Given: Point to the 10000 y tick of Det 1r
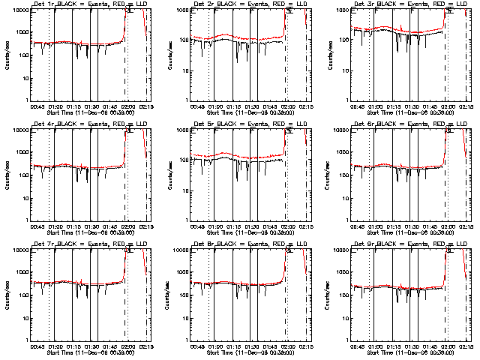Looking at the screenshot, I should click(x=19, y=10).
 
